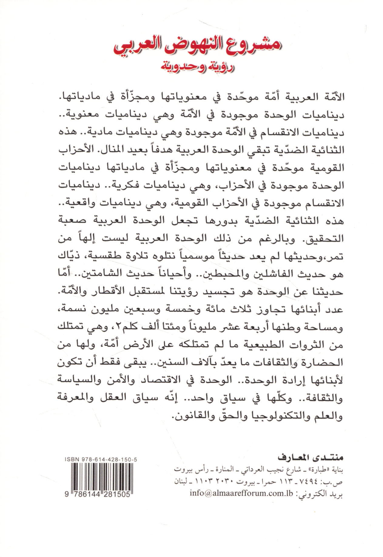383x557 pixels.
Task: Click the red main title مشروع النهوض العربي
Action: point(197,46)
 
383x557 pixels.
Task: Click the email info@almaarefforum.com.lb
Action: point(241,493)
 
